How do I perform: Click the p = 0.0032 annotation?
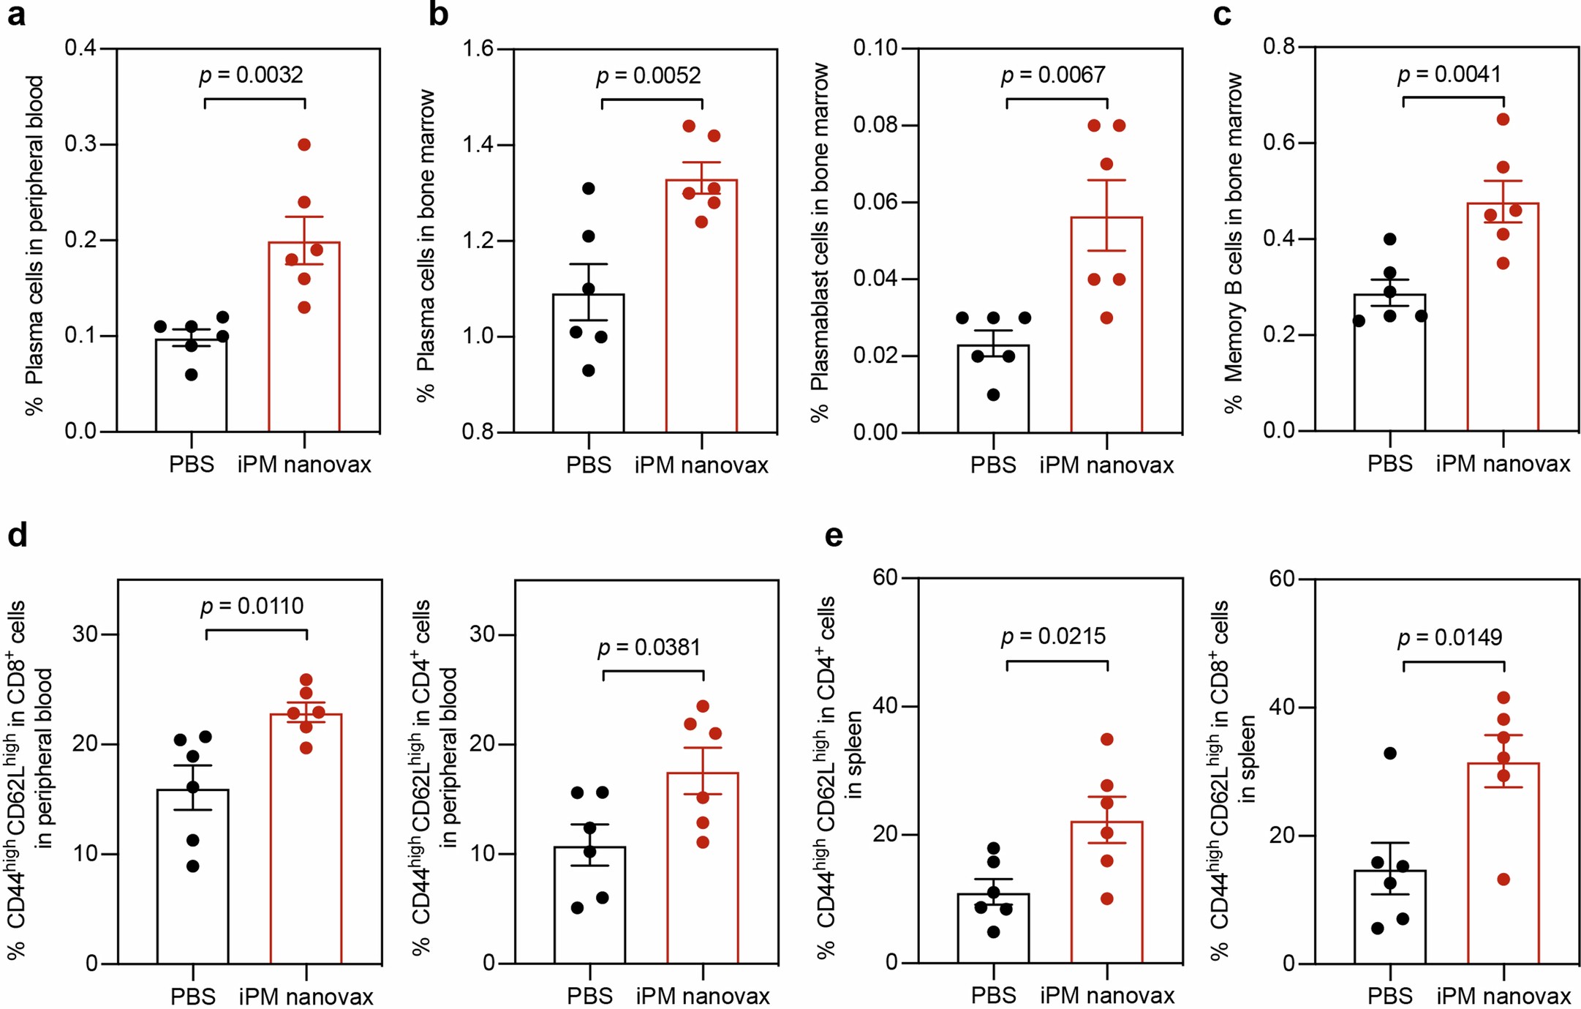(251, 75)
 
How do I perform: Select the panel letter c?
(1222, 14)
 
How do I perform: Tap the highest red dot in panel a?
(304, 145)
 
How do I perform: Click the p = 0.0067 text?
(1053, 75)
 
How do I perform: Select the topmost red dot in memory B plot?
(1503, 119)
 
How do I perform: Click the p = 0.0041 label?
(1449, 75)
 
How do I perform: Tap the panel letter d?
(18, 536)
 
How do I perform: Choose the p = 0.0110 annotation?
(252, 607)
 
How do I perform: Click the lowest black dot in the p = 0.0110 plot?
(193, 866)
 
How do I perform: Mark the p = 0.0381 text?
(649, 648)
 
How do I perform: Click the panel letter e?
(834, 536)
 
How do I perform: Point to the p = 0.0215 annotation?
(1053, 637)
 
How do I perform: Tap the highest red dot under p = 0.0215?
(1107, 740)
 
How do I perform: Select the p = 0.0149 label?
(1449, 637)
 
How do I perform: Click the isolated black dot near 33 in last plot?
(1390, 754)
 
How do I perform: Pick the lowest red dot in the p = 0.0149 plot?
(1503, 879)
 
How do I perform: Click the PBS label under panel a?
(192, 465)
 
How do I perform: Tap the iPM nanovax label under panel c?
(1503, 464)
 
